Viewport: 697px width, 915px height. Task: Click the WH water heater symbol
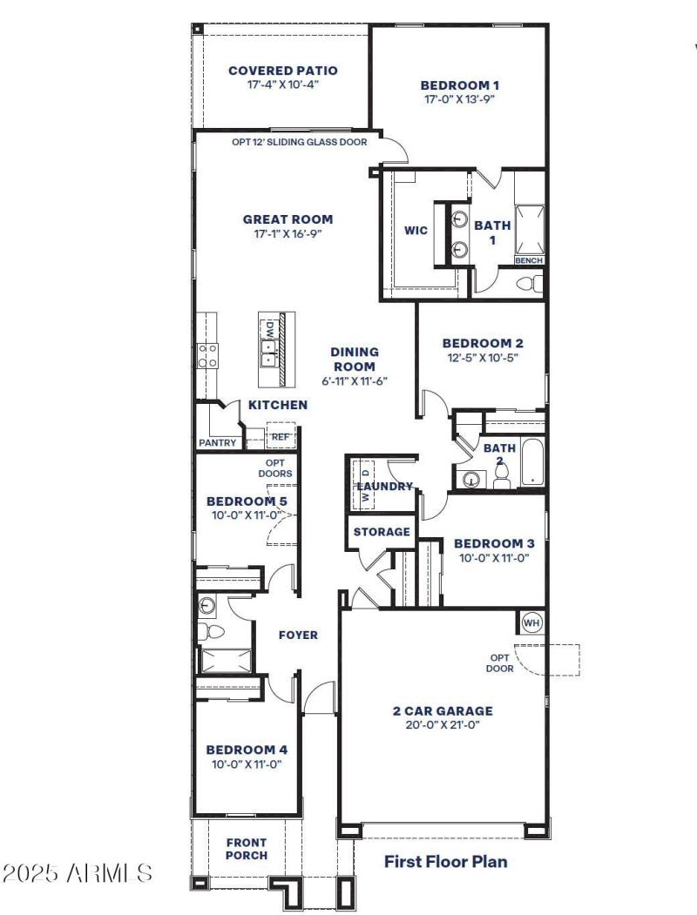click(531, 623)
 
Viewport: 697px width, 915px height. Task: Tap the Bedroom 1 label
click(459, 85)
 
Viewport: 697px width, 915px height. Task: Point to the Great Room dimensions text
click(288, 233)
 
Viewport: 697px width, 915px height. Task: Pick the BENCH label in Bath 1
click(529, 260)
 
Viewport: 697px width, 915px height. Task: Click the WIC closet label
click(416, 231)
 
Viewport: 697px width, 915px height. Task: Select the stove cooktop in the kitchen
click(209, 354)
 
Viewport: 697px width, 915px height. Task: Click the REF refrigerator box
click(280, 436)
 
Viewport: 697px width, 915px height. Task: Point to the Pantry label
click(217, 442)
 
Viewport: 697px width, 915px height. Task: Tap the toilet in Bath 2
click(501, 475)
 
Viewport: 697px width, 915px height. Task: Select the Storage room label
click(381, 531)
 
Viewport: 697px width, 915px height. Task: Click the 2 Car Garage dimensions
click(442, 724)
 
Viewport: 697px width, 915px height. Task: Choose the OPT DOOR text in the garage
click(500, 663)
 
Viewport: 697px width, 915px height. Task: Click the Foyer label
click(298, 635)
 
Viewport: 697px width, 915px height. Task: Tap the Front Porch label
click(247, 849)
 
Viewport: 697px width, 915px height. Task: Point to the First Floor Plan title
click(445, 862)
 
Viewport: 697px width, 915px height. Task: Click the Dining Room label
click(354, 359)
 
